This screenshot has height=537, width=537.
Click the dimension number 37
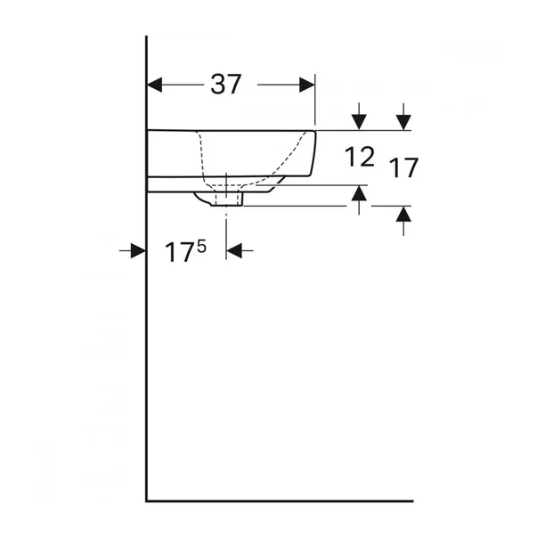[226, 85]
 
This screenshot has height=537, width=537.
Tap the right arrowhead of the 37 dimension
[307, 85]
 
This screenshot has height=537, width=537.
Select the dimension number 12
[359, 158]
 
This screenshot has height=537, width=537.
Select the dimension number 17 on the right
[403, 167]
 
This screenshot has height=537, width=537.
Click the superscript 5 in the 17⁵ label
[201, 246]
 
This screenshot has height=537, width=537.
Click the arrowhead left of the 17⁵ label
[138, 252]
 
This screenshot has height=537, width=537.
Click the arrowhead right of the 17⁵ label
[235, 252]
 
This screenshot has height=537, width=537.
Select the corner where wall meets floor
[147, 501]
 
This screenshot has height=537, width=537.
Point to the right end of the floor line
[412, 501]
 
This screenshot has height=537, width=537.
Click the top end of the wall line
[147, 37]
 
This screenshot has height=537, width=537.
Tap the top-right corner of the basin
[315, 131]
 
